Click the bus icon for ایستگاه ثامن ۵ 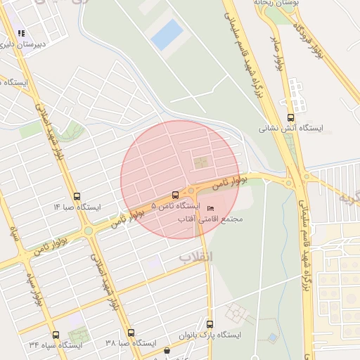[174, 195]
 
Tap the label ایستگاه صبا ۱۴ [77, 207]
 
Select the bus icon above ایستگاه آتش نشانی [290, 117]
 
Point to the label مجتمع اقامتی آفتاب [210, 219]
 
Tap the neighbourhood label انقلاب [195, 256]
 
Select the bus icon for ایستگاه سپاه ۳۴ [56, 335]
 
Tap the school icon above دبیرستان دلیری [21, 33]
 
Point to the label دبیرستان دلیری [23, 44]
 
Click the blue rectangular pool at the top [167, 34]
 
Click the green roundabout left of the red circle [89, 230]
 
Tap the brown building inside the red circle [202, 163]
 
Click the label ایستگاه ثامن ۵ [172, 206]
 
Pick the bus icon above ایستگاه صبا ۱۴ [77, 198]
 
